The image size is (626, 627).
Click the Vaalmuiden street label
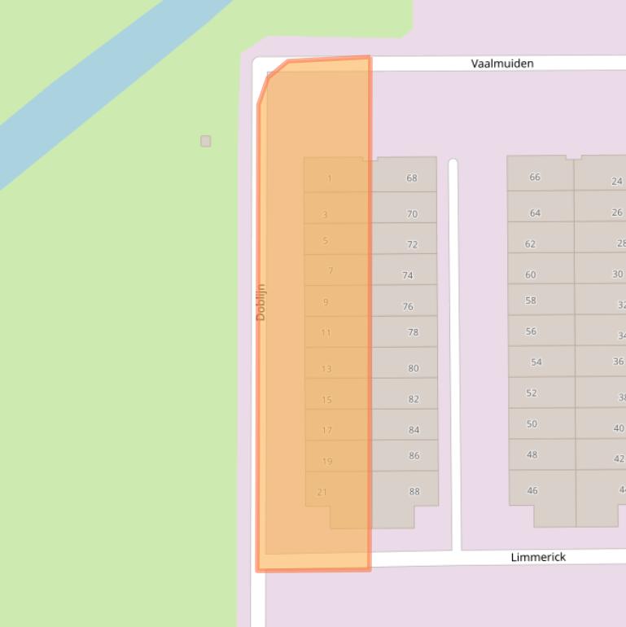(502, 63)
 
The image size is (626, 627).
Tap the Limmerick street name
(538, 557)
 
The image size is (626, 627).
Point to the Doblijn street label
(260, 302)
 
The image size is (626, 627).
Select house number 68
(411, 178)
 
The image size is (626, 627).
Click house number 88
(414, 491)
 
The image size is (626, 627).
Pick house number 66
(535, 177)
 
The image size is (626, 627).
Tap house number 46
(532, 490)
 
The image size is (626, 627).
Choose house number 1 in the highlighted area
(330, 178)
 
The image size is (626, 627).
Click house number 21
(322, 492)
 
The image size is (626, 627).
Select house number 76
(408, 306)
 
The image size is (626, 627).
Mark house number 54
(536, 362)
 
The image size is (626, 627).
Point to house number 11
(326, 332)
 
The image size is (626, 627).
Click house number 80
(414, 368)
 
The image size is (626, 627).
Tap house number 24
(617, 181)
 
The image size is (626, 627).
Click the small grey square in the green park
(206, 141)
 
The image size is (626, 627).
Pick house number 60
(531, 274)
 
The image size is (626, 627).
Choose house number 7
(331, 270)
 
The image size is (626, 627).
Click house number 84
(414, 430)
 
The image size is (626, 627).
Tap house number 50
(532, 423)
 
